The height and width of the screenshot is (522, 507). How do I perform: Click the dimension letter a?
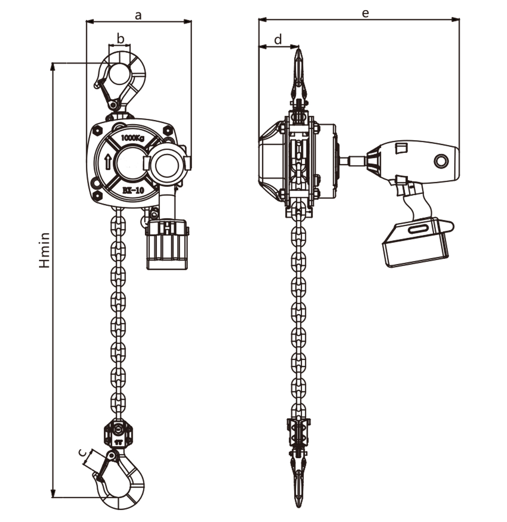[138, 15]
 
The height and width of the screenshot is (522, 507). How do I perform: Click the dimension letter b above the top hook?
[121, 38]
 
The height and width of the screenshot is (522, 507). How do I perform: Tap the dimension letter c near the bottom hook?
[83, 453]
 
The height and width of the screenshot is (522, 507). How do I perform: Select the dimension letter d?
[278, 39]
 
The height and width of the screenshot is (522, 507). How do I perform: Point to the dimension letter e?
[365, 13]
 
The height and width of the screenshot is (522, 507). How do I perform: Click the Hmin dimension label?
[44, 250]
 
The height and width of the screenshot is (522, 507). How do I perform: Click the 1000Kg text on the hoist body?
[132, 138]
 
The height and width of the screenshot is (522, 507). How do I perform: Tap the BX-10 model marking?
[133, 190]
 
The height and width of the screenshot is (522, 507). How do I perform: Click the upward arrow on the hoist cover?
[108, 162]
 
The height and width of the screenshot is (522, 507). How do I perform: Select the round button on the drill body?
[441, 161]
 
